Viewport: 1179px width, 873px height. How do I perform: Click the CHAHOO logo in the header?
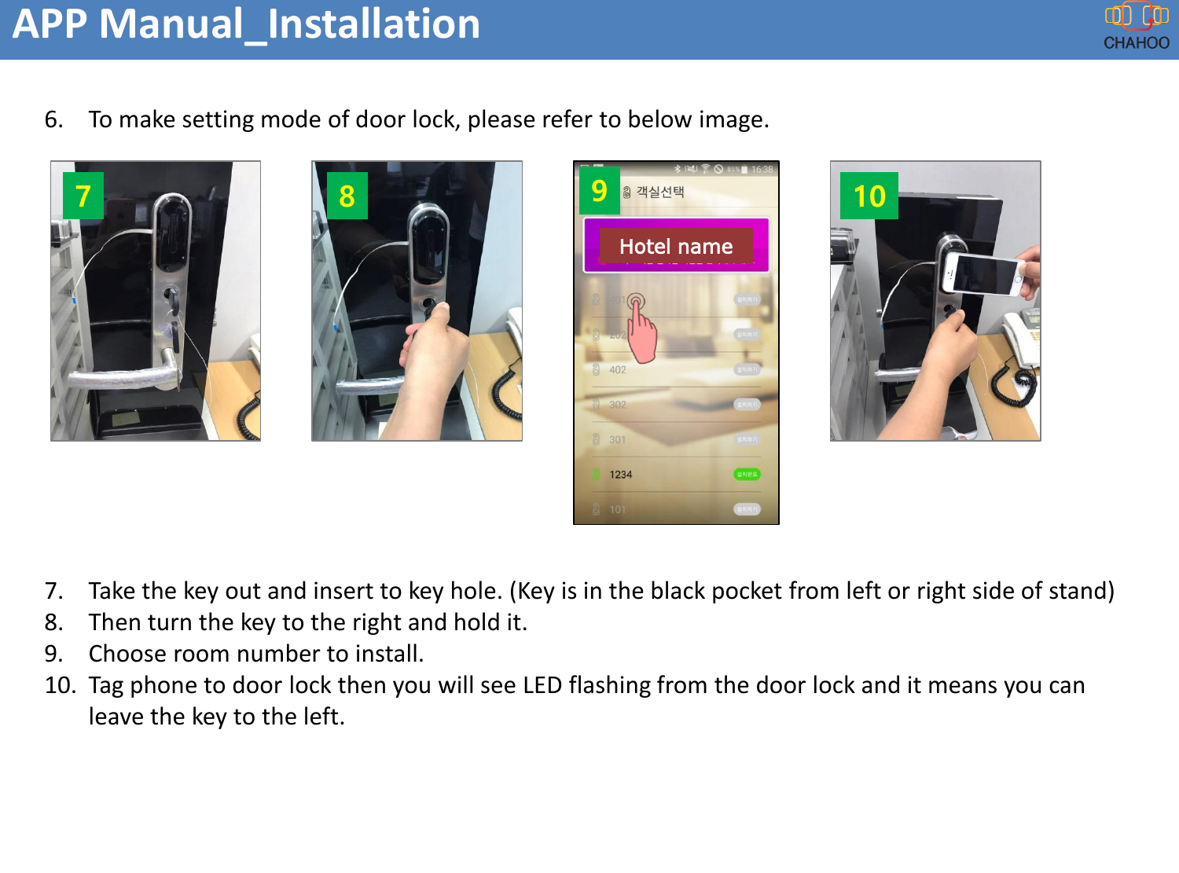tap(1136, 27)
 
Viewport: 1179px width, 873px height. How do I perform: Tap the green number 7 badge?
tap(83, 196)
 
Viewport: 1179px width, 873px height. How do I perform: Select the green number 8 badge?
tap(347, 196)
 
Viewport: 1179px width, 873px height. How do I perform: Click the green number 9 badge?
tap(599, 190)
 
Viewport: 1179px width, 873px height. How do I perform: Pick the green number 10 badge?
tap(869, 196)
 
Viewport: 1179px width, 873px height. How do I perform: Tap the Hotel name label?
tap(675, 247)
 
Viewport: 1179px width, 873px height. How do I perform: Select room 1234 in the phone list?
tap(620, 475)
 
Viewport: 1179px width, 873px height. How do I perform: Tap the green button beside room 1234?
tap(747, 474)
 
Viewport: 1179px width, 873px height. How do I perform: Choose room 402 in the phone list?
tap(618, 369)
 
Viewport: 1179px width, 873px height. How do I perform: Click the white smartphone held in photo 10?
tap(983, 273)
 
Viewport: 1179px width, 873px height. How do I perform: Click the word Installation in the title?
tap(373, 24)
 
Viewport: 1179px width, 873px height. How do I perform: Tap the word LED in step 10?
tap(542, 685)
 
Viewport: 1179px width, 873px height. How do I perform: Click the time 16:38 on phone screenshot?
tap(762, 169)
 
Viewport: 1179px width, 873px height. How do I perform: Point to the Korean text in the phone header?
tap(659, 192)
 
